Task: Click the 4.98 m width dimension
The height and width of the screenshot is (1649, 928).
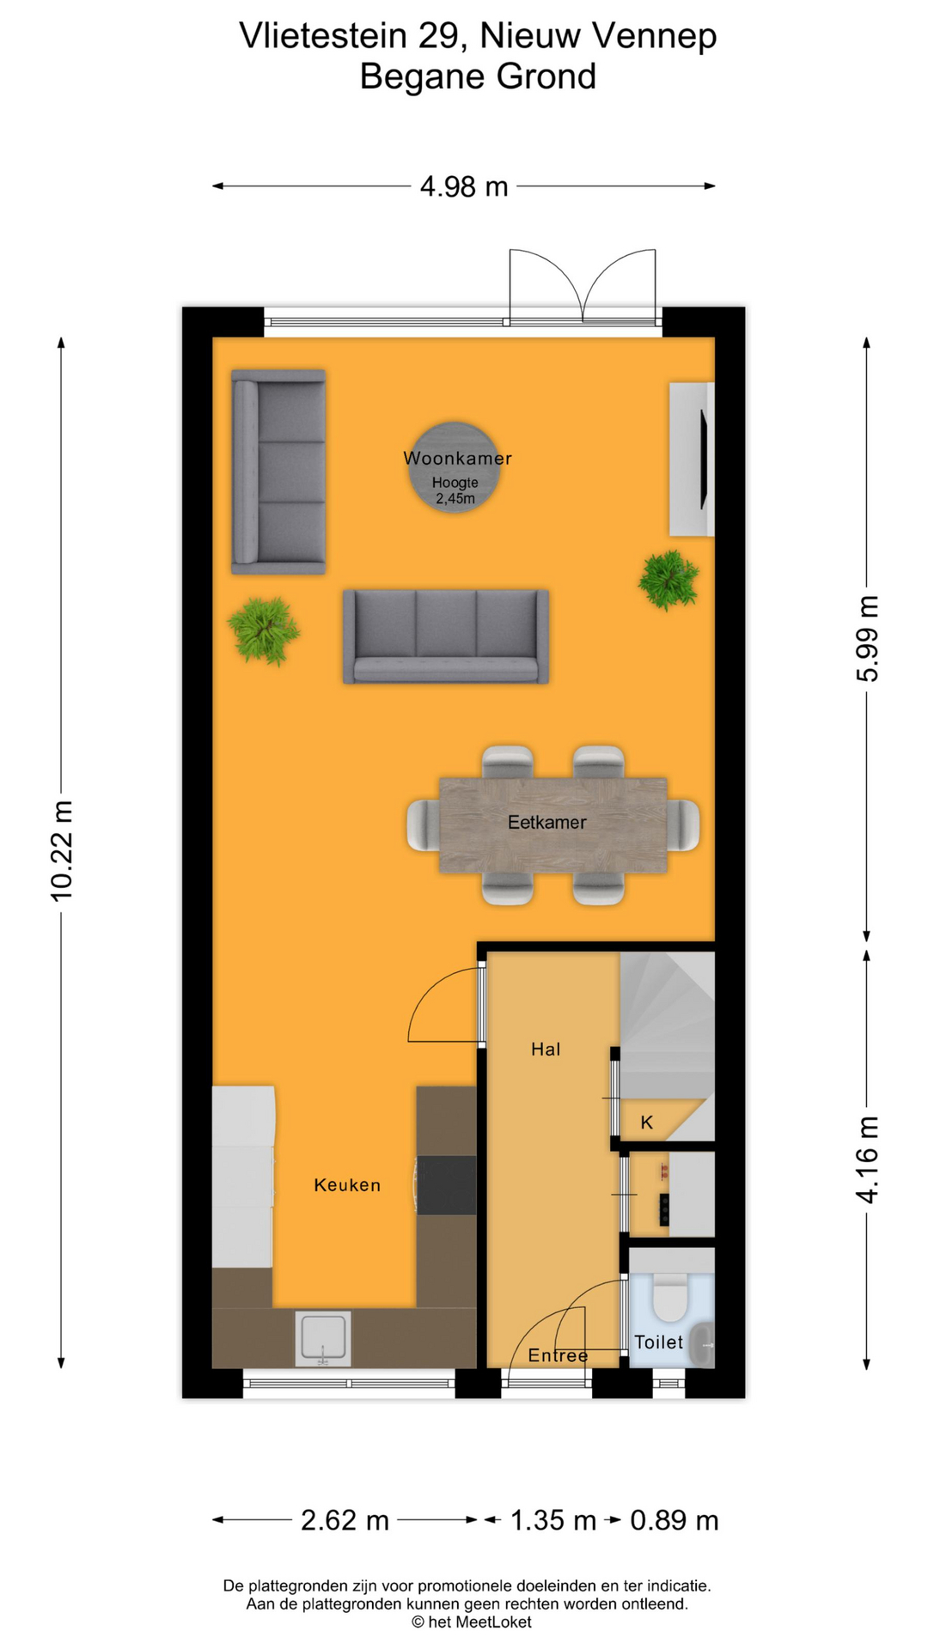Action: pos(464,186)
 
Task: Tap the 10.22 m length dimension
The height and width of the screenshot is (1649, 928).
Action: pos(62,851)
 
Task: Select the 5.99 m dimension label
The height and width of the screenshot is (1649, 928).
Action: pos(868,638)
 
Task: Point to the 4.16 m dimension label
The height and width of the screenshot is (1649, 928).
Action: pos(868,1159)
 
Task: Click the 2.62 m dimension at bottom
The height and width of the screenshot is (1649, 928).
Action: pos(345,1520)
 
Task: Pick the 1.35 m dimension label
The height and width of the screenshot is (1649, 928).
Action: pos(553,1520)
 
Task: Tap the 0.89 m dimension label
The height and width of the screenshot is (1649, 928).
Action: pos(675,1520)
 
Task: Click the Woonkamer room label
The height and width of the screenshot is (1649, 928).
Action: pos(457,459)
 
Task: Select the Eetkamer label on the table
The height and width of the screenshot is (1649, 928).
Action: pos(546,823)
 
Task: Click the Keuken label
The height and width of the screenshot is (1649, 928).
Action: pos(347,1185)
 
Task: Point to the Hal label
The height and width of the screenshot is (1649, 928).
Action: pos(546,1049)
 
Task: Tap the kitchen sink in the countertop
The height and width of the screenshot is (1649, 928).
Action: pos(323,1337)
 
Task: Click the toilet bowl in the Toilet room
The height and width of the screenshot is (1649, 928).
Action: pos(670,1298)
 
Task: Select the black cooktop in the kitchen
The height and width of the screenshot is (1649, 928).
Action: pos(447,1185)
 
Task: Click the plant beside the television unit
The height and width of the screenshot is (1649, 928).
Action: pos(669,580)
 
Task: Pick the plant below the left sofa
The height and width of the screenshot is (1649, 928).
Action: pos(264,630)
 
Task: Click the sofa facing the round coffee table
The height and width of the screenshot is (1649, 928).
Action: pos(445,636)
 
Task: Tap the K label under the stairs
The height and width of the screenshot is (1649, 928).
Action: pos(647,1122)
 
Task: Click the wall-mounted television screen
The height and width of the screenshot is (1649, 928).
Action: pos(705,459)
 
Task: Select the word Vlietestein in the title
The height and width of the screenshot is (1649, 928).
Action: pos(323,36)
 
